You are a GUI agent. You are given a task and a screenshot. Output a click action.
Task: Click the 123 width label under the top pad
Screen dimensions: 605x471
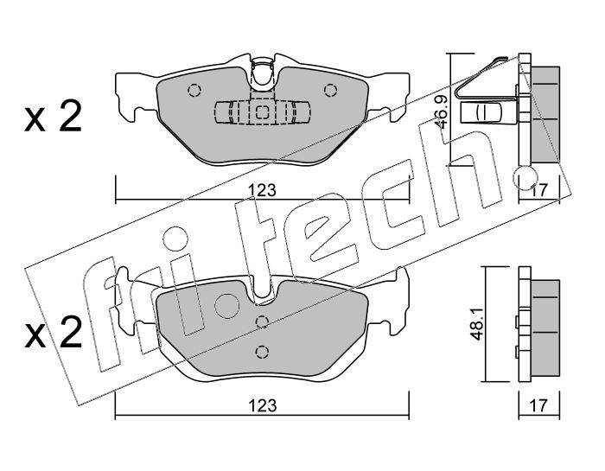pyautogui.click(x=262, y=190)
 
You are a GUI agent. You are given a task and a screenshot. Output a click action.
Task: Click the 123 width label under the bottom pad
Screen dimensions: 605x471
pyautogui.click(x=263, y=405)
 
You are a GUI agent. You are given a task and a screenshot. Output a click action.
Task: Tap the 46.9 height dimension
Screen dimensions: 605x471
pyautogui.click(x=442, y=111)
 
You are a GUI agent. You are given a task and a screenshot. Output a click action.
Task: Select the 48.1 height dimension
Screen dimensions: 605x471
pyautogui.click(x=476, y=323)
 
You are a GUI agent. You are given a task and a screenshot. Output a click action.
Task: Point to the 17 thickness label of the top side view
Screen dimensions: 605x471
pyautogui.click(x=539, y=190)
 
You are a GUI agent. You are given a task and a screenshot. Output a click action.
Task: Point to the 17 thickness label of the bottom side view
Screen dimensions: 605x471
pyautogui.click(x=538, y=405)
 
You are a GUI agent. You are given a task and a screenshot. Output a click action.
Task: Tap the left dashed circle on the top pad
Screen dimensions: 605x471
pyautogui.click(x=194, y=91)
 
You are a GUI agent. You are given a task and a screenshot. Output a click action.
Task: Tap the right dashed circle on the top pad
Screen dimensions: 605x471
pyautogui.click(x=330, y=91)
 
